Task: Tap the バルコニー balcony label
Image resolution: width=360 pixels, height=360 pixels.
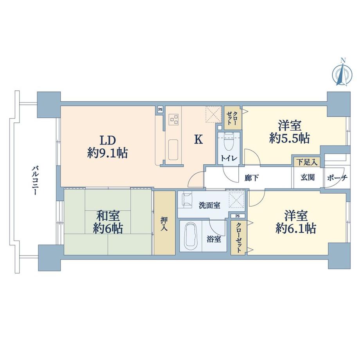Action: (35, 180)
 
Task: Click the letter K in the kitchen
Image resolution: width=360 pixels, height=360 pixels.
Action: (199, 140)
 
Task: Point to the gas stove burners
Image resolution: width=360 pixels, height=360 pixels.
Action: (174, 119)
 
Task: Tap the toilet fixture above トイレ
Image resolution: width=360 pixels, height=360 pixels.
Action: (229, 142)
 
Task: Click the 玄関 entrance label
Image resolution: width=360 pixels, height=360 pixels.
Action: (307, 177)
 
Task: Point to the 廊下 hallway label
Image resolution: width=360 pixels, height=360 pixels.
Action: (250, 177)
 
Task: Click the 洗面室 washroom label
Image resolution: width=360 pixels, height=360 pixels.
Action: (209, 204)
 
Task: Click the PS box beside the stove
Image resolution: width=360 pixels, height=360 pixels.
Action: (160, 110)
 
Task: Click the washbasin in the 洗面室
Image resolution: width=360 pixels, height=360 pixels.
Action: (187, 200)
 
